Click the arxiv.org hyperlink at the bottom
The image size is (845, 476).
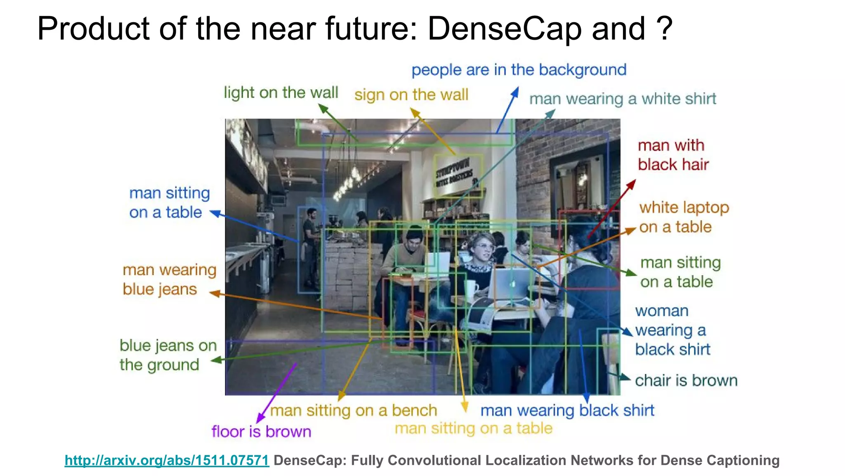pyautogui.click(x=167, y=460)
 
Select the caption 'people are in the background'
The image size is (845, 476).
pyautogui.click(x=519, y=70)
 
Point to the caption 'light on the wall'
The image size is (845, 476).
pyautogui.click(x=281, y=93)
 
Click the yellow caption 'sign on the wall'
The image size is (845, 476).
pyautogui.click(x=411, y=95)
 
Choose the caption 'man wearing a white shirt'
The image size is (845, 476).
pyautogui.click(x=623, y=99)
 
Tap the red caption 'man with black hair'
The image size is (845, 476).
pyautogui.click(x=673, y=155)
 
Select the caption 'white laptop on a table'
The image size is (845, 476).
pyautogui.click(x=684, y=217)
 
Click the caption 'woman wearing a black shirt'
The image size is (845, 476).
pyautogui.click(x=672, y=330)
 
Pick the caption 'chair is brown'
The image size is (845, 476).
pyautogui.click(x=686, y=381)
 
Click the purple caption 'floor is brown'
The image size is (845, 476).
pyautogui.click(x=261, y=432)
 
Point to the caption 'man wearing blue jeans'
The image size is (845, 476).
pyautogui.click(x=169, y=280)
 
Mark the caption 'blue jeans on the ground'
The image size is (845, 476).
pyautogui.click(x=168, y=355)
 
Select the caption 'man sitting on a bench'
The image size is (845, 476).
pyautogui.click(x=354, y=411)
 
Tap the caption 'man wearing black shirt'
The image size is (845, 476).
pyautogui.click(x=567, y=411)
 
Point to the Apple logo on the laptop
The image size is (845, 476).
pyautogui.click(x=513, y=284)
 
